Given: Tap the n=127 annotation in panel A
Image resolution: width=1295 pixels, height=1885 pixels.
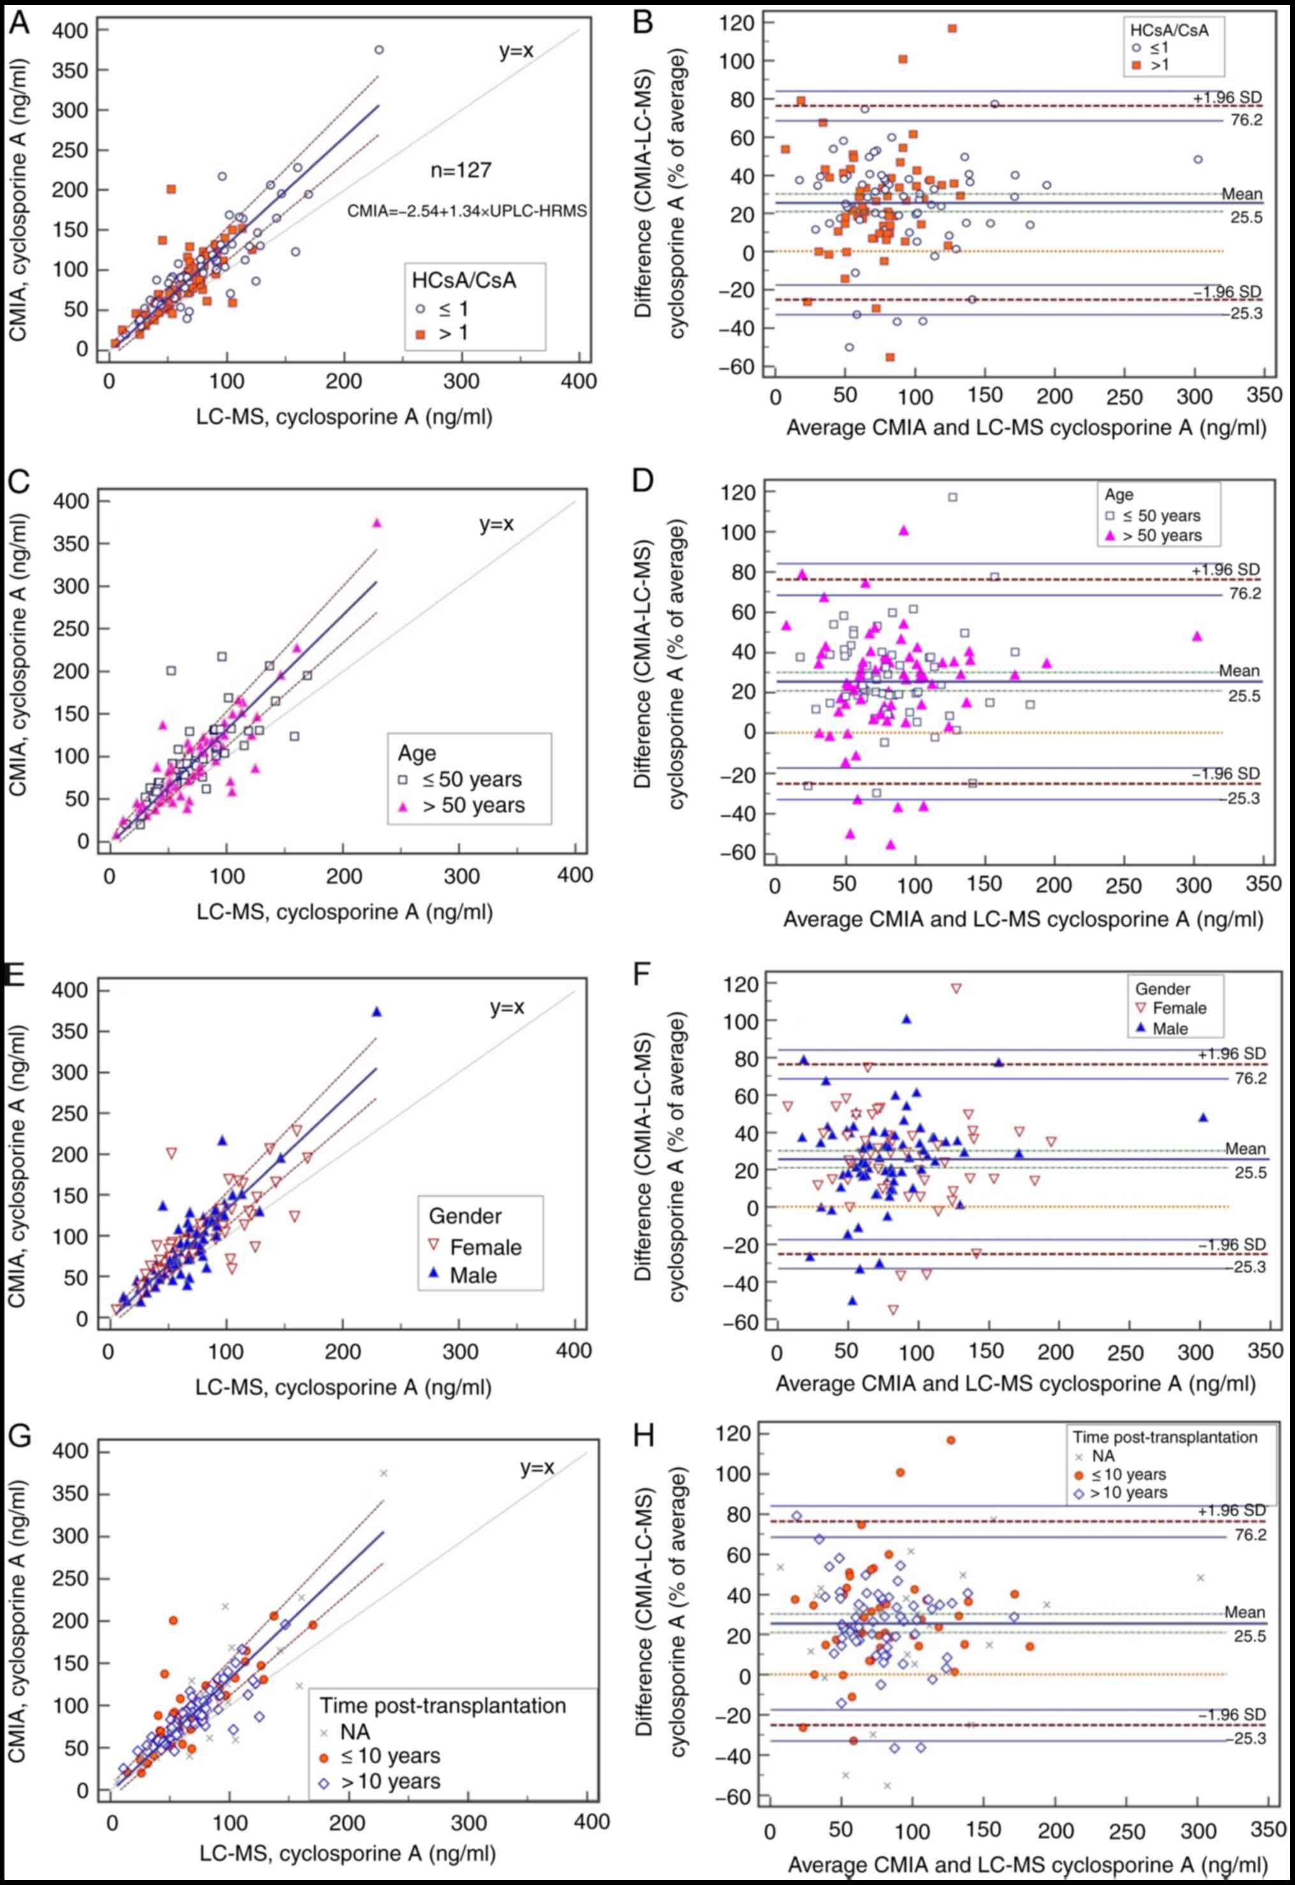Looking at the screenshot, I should pos(461,170).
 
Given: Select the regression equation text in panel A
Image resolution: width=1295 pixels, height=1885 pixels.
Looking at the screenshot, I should pos(467,211).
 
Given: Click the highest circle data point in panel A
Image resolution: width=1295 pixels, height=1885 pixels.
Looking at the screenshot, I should pos(379,50).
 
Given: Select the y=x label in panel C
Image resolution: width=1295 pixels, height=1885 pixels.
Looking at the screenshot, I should pos(496,525).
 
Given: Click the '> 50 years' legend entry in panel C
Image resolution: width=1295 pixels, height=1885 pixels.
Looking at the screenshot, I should pos(474,805).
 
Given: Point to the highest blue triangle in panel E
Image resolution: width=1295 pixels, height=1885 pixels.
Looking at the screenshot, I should pos(376,1011).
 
